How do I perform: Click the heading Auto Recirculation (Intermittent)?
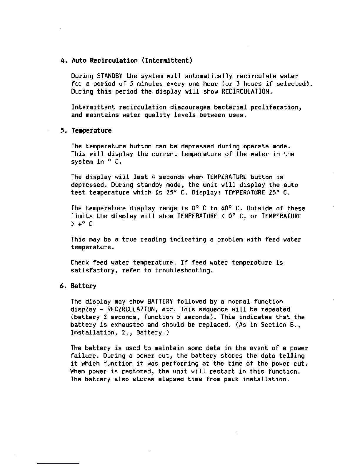[132, 61]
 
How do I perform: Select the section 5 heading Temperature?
[91, 131]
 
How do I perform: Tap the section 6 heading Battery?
[84, 286]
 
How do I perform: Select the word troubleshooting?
[184, 270]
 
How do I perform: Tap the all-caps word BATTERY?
[160, 302]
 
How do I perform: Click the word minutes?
[150, 84]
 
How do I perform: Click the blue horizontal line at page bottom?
[59, 463]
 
